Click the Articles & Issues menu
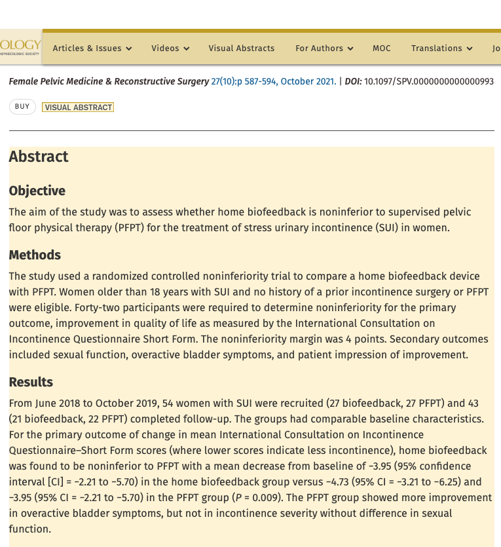click(92, 48)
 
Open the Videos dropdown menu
click(170, 48)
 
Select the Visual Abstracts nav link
click(242, 48)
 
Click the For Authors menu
click(324, 48)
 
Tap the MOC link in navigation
click(382, 48)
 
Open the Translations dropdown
click(441, 48)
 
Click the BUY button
click(22, 107)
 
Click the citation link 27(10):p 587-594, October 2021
click(273, 82)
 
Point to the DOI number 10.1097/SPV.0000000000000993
click(429, 82)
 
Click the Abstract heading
click(39, 157)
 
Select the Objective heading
click(37, 191)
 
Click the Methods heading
click(35, 255)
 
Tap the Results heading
click(31, 383)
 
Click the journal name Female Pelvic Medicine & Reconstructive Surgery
click(109, 82)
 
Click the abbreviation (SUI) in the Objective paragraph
click(394, 228)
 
